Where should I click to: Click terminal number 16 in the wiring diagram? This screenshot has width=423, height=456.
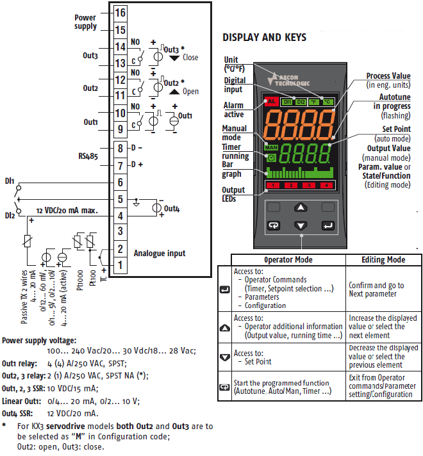pos(120,13)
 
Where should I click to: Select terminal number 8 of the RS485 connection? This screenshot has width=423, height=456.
pos(120,149)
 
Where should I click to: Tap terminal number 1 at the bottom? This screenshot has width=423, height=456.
pos(120,265)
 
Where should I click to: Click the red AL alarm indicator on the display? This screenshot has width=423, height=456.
pos(271,101)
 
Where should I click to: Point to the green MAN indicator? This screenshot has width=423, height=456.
pos(271,147)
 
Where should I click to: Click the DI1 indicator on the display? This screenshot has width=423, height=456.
pos(287,102)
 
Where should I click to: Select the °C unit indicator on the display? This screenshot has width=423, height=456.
pos(328,102)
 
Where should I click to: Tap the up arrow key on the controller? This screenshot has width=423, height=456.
pos(301,208)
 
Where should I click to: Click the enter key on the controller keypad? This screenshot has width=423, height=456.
pos(328,225)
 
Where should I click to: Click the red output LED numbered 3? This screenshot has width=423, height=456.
pos(309,185)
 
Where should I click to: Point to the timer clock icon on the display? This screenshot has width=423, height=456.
pos(271,158)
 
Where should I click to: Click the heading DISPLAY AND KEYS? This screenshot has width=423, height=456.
pos(264,38)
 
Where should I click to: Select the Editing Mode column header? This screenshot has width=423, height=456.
pos(383,259)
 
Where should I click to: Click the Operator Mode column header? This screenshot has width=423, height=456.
pos(288,259)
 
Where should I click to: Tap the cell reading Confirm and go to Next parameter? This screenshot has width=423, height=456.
pos(376,289)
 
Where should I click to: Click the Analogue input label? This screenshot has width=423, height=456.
pos(160,254)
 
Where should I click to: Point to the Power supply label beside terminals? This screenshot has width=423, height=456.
pos(85,22)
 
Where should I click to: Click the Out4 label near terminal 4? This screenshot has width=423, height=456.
pos(172,209)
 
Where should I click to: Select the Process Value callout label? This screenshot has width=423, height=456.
pos(388,76)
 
